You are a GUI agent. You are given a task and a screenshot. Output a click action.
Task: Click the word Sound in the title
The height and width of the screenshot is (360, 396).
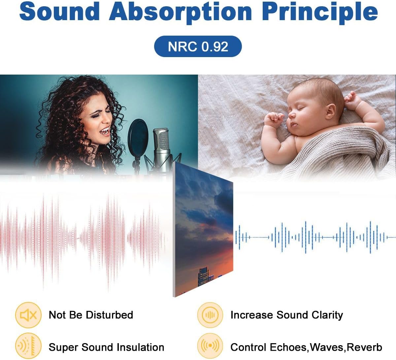coord(59,12)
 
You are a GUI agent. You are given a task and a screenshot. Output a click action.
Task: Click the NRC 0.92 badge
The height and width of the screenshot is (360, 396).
coord(198,47)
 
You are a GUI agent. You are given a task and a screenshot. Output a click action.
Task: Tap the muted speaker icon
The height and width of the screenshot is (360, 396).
coord(28,315)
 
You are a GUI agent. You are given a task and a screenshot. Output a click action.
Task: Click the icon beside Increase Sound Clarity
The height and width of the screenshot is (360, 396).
coord(210,315)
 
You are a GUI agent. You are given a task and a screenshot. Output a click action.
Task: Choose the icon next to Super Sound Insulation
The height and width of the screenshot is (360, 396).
coord(28,346)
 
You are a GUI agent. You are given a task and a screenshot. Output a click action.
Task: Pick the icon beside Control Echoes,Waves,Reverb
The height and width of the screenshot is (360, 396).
coord(210,346)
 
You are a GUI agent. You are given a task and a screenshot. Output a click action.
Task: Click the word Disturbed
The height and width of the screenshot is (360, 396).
coord(109,315)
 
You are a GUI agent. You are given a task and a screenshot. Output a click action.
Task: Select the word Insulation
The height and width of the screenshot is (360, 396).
coord(140,347)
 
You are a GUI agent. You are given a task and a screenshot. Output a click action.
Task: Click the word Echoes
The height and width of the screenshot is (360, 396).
coord(288,347)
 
